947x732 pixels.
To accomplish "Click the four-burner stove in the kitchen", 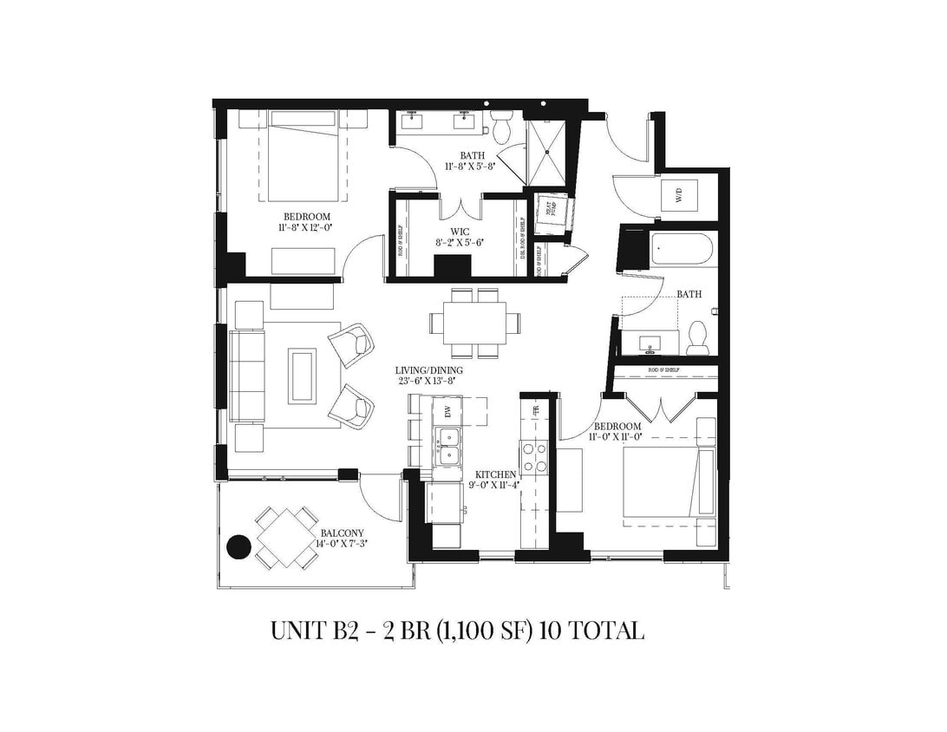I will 534,456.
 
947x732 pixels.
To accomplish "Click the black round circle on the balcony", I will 238,546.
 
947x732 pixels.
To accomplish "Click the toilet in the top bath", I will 502,127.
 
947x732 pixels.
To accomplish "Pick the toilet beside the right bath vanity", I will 697,338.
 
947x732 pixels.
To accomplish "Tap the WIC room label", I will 460,232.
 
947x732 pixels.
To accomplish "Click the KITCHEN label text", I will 496,474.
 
